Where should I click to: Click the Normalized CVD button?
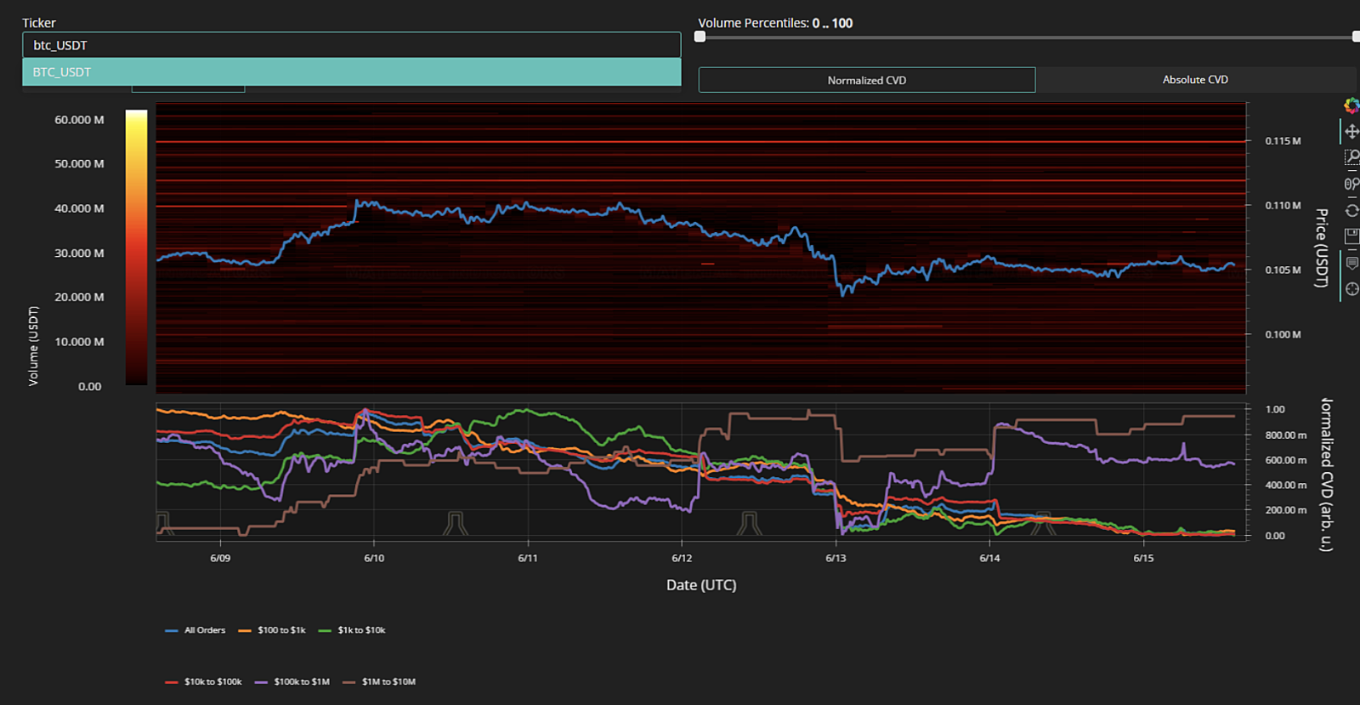866,80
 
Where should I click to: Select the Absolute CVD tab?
1195,80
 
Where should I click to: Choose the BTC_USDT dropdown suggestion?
352,71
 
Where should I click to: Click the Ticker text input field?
352,45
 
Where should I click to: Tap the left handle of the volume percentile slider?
700,37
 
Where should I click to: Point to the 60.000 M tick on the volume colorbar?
79,120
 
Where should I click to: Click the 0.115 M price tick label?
1283,141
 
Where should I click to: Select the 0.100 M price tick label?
1283,334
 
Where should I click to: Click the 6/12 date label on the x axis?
682,558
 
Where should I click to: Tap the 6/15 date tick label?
1143,558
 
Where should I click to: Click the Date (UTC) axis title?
701,585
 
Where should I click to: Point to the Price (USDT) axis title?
1321,247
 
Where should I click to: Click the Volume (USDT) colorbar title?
33,345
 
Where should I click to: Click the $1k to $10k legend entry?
352,630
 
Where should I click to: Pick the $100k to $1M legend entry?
292,682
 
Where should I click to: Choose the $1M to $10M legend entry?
379,682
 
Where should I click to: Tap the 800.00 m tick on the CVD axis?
1285,435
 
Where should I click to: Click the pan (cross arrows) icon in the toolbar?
1351,132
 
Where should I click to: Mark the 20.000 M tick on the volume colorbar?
79,297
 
